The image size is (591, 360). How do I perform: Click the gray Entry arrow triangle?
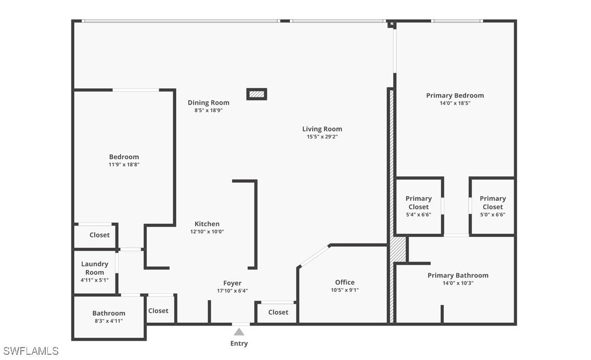239,332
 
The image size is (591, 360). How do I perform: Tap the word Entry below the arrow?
239,343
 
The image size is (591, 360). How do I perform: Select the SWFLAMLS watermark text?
31,351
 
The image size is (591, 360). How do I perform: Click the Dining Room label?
209,102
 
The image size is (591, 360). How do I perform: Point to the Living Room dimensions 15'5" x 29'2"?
322,137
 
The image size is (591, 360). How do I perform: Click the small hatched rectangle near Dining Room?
256,94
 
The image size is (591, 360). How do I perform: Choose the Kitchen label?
207,224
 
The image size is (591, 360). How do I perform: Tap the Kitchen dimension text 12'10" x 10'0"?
207,232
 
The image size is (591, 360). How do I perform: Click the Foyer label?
232,283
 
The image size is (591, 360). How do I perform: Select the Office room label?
345,282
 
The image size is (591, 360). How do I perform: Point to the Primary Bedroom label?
455,96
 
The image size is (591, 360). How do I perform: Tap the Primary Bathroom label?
458,276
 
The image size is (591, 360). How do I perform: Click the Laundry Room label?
95,268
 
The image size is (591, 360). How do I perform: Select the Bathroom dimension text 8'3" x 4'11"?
109,321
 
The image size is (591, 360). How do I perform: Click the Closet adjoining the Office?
278,312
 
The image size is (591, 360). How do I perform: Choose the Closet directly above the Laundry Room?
99,235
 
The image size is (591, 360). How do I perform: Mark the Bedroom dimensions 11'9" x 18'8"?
124,165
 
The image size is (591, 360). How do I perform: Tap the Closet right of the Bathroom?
158,311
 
